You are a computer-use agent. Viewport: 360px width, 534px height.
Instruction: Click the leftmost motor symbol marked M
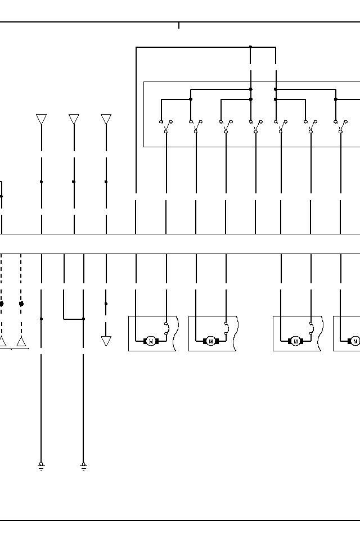(x=151, y=341)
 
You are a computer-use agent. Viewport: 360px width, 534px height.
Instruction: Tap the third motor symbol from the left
(x=295, y=341)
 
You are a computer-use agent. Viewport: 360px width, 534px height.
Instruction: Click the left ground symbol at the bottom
(x=41, y=466)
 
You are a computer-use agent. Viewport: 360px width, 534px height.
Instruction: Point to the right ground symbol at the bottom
(x=83, y=466)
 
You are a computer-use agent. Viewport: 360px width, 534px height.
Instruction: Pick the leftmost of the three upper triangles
(x=41, y=119)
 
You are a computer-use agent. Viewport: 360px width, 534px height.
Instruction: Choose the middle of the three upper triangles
(x=74, y=119)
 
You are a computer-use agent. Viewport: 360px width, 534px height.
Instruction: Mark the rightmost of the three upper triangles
(x=106, y=119)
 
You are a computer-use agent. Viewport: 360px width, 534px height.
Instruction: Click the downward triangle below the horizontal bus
(x=106, y=341)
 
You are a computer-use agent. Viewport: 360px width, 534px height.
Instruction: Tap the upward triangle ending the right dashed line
(x=21, y=342)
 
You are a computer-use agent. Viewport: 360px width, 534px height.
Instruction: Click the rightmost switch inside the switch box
(x=340, y=126)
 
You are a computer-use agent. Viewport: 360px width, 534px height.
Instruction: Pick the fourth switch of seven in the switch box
(x=255, y=126)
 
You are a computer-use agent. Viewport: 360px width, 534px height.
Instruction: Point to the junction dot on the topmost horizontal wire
(x=250, y=47)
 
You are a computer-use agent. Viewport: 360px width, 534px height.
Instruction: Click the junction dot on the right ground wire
(x=83, y=319)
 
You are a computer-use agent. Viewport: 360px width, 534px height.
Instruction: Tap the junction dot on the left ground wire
(x=41, y=319)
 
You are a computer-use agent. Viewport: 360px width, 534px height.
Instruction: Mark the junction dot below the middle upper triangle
(x=74, y=182)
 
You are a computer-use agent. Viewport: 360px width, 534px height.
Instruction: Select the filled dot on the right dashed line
(x=21, y=304)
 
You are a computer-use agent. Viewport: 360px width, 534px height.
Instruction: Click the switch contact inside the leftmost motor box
(x=166, y=329)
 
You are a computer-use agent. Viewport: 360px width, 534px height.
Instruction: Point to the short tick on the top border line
(x=179, y=25)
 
